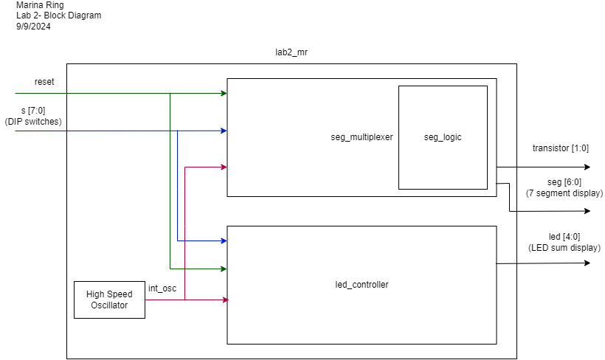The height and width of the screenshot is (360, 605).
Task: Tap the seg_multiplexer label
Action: (x=362, y=137)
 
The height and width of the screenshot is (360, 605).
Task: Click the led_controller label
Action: (x=362, y=285)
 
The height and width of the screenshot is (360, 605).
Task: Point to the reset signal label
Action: (x=44, y=82)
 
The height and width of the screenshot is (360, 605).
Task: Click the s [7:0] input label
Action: (x=33, y=111)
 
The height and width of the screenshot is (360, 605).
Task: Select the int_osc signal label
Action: (x=162, y=288)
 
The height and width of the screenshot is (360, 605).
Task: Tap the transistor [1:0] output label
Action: (x=561, y=148)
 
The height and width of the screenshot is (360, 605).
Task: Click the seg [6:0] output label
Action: (x=564, y=182)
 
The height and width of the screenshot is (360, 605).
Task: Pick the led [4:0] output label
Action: (x=564, y=237)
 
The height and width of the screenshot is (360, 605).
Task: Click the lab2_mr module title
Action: (x=291, y=52)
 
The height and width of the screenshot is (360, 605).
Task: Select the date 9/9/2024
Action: (x=33, y=27)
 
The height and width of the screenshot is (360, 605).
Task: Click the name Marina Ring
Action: (x=40, y=5)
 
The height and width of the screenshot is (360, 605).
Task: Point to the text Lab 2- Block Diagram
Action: (x=58, y=15)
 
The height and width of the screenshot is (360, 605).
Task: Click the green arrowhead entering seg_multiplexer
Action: (x=224, y=94)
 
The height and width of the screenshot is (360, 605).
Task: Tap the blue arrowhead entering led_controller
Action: (x=224, y=240)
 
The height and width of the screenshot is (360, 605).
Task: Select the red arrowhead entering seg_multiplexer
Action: (x=224, y=167)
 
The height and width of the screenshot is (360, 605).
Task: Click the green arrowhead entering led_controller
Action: (x=224, y=269)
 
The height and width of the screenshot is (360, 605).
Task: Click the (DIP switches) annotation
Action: (x=33, y=122)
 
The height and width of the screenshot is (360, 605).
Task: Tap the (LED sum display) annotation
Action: (x=564, y=248)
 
